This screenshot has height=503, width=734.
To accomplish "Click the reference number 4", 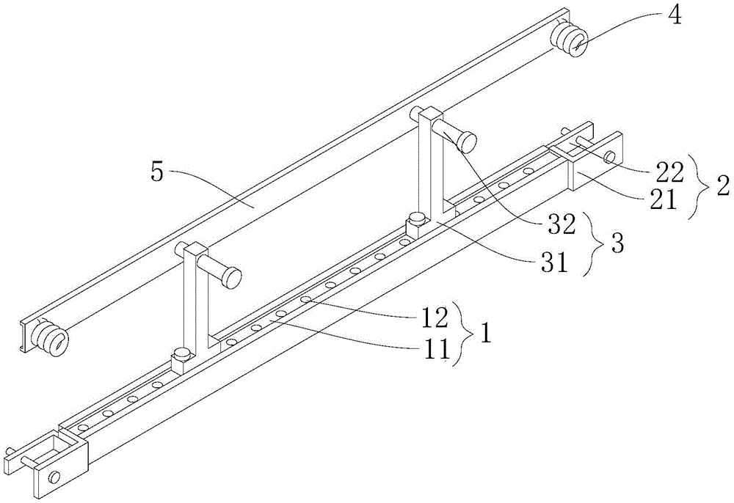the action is click(673, 15).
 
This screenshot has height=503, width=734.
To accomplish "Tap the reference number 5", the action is click(157, 174).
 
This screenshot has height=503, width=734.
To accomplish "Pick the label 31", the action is click(553, 264).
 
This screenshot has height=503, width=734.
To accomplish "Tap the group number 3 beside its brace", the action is click(617, 244).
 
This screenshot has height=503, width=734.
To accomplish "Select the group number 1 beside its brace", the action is click(487, 334).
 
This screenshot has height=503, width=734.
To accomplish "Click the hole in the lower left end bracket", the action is click(55, 477).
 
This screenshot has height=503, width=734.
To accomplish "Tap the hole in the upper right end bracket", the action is click(609, 158).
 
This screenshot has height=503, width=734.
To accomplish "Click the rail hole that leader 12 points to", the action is click(305, 299).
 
